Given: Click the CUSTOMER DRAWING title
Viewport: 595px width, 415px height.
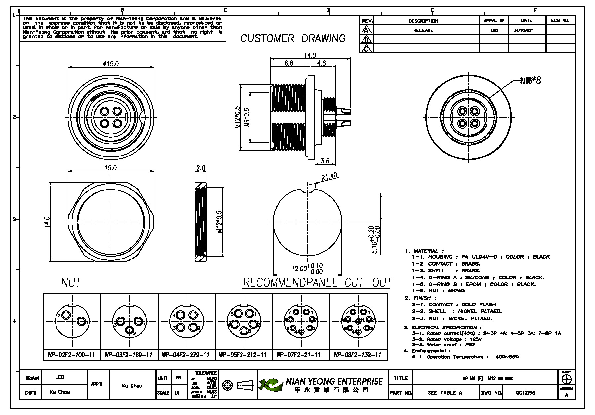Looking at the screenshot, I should coord(293,38).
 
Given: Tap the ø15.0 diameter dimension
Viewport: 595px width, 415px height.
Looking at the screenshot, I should coord(111,64).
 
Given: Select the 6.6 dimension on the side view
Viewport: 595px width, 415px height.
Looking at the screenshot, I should coord(289,63).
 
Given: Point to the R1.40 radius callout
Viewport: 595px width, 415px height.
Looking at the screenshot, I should coord(329,177).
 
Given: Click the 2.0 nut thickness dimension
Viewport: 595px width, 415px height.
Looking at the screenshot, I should coord(201,168).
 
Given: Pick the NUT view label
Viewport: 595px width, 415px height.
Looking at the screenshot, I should coord(71,283).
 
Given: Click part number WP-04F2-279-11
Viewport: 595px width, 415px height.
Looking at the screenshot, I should coord(186,355).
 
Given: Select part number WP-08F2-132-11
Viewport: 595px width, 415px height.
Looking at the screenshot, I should coord(357,355).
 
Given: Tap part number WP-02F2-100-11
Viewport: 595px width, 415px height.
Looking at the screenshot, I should coord(71,355).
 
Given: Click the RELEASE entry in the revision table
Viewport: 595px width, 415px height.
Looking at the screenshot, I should coord(423,30).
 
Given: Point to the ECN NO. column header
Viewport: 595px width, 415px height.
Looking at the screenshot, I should coord(560,21).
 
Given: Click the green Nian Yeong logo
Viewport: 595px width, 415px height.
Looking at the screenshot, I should coord(271,385).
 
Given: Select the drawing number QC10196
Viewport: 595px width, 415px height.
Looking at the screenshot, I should coord(526,393).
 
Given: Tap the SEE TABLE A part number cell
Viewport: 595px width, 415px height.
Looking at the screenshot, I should coord(445,393).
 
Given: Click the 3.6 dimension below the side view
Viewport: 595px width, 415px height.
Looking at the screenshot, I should coord(325,161).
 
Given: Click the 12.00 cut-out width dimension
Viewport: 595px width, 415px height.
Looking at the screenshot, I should coord(307,268).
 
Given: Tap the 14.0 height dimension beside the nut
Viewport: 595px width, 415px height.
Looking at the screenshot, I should coord(47,222).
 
